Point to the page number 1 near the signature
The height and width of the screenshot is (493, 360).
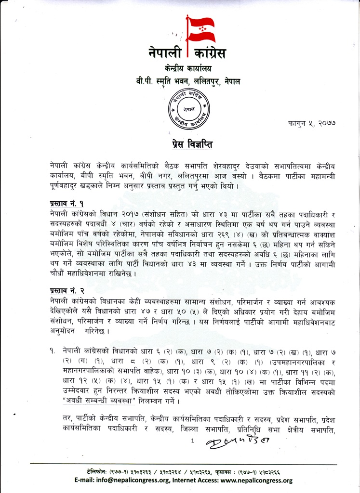point(192,441)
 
